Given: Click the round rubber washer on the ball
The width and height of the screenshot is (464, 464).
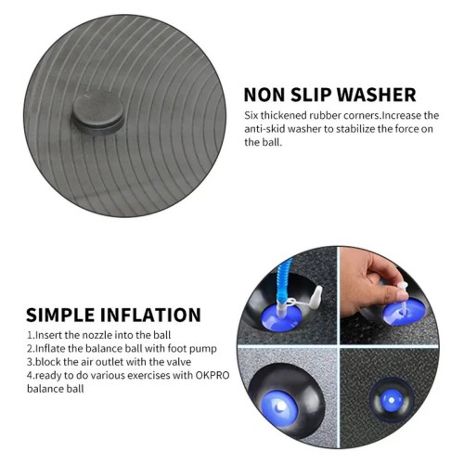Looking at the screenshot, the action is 98,113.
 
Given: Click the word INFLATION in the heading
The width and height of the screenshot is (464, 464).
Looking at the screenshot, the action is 150,315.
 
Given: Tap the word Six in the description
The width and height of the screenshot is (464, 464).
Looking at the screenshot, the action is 251,115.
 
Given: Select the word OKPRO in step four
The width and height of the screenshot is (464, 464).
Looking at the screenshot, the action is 213,375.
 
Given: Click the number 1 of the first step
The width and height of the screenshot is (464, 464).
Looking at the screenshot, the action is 30,335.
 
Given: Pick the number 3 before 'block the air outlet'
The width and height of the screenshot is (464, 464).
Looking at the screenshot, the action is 30,362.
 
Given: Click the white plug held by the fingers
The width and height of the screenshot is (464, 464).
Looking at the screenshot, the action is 402,295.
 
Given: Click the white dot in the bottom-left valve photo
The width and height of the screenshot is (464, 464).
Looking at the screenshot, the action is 280,406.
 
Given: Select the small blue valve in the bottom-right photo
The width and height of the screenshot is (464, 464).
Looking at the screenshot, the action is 392,400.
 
